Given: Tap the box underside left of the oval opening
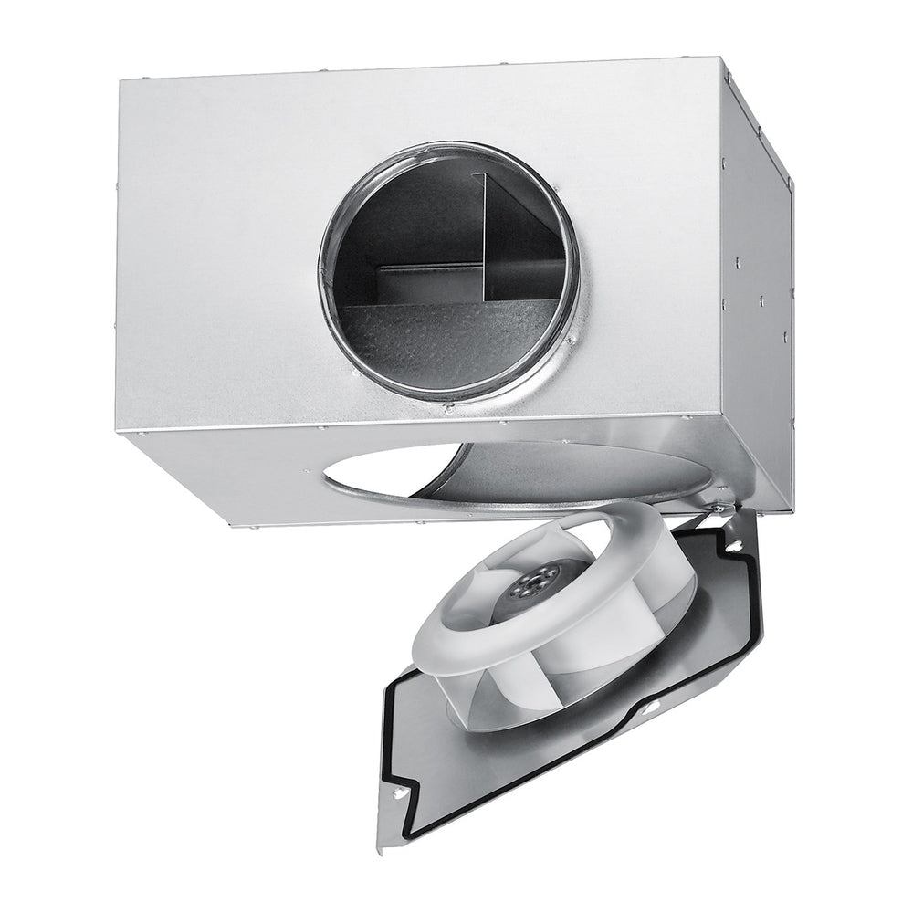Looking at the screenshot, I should click(228, 475).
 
